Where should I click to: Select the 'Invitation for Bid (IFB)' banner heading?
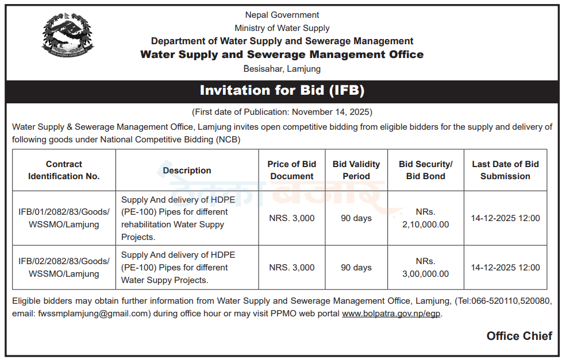tap(282, 91)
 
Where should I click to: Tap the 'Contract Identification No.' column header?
tap(64, 170)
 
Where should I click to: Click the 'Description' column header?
tap(187, 170)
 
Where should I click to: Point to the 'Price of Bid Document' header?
tap(292, 170)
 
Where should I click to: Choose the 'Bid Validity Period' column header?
tap(356, 170)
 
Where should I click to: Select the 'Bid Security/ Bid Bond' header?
tap(426, 170)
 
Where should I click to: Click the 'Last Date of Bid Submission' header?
tap(505, 170)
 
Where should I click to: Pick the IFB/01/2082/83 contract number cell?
tap(64, 218)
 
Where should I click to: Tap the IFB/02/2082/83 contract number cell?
tap(64, 268)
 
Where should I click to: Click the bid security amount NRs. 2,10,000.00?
tap(426, 218)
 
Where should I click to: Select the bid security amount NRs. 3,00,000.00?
tap(426, 268)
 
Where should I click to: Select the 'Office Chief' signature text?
tap(519, 336)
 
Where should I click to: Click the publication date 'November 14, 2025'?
tap(332, 112)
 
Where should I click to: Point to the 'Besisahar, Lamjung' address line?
tap(282, 69)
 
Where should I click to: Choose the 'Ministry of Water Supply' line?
tap(282, 28)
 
